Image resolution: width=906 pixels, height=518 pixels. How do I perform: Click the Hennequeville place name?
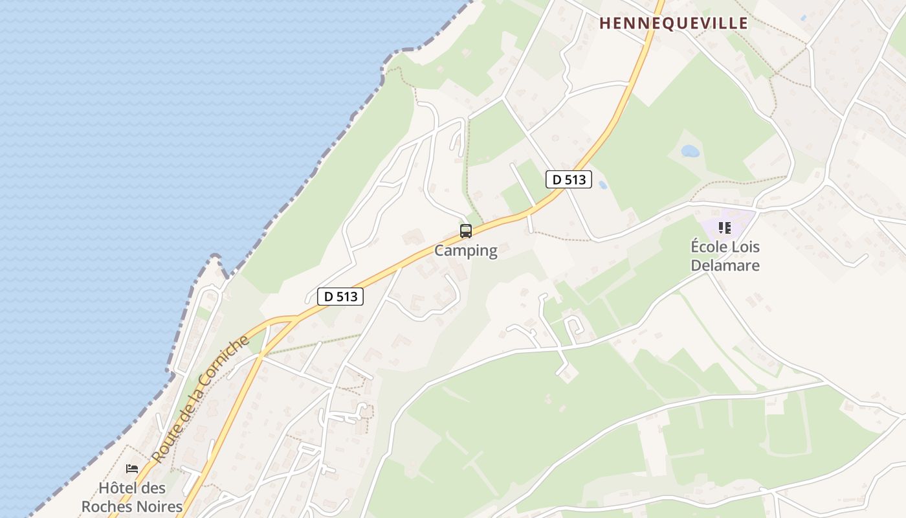pos(673,23)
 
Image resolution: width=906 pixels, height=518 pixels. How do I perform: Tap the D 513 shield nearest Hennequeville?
pos(569,179)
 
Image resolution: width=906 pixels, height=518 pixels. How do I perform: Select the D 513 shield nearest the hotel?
pos(340,297)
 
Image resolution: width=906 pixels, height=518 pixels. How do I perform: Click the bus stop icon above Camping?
pos(465,231)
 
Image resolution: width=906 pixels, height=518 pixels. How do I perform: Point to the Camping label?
pos(465,251)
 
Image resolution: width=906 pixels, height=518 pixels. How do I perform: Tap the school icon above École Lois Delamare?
pos(725,228)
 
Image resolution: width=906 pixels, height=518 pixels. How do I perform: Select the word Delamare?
pos(725,265)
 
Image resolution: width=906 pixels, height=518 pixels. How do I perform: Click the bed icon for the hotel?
pos(132,469)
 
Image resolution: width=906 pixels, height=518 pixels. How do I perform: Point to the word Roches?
pos(104,506)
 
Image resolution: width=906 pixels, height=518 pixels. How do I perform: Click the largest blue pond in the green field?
pos(690,152)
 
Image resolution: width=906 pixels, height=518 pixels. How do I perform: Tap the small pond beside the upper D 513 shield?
pos(603,185)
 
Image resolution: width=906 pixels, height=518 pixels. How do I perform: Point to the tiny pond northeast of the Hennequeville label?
pos(803,17)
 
